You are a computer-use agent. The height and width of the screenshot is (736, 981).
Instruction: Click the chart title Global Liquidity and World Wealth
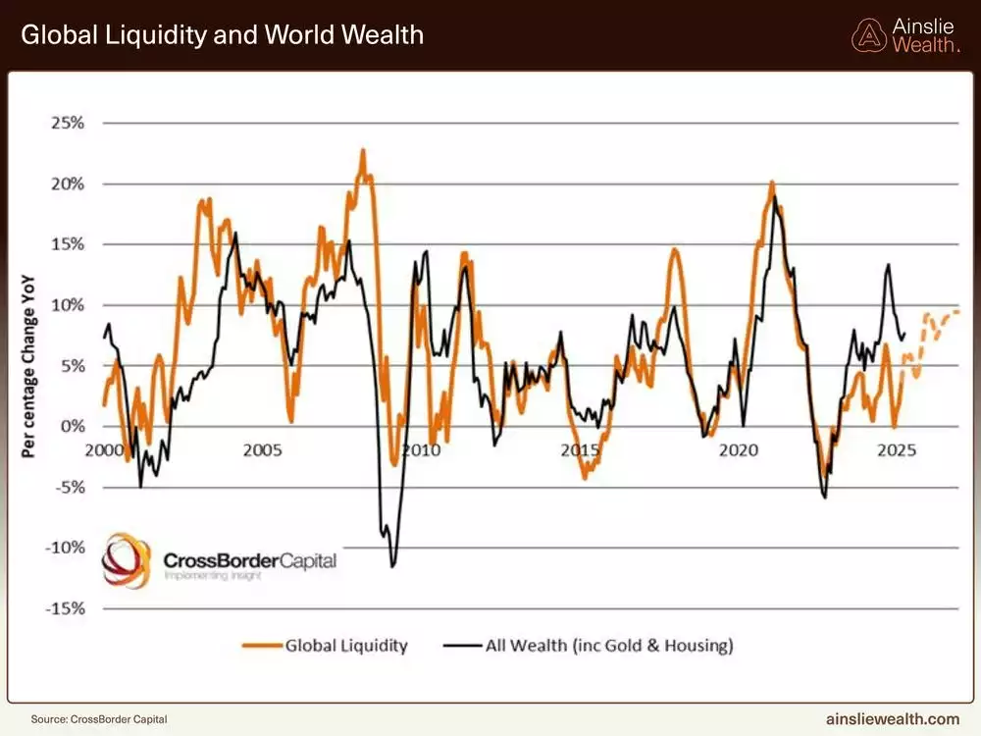(222, 35)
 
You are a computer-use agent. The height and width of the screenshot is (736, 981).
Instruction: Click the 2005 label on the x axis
(263, 450)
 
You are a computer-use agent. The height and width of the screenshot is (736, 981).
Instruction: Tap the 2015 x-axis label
(580, 450)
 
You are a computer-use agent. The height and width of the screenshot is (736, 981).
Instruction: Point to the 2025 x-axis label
(896, 450)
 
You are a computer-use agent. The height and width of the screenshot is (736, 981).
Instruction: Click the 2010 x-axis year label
(421, 450)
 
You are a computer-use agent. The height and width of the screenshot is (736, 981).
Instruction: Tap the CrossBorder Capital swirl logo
(128, 560)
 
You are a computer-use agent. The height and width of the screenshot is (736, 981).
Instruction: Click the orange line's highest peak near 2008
(363, 151)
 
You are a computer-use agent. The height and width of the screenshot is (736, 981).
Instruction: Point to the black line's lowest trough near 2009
(392, 565)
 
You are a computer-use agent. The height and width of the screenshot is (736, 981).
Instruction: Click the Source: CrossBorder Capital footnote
(92, 718)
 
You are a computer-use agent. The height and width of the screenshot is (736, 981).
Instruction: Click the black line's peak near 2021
(775, 197)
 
